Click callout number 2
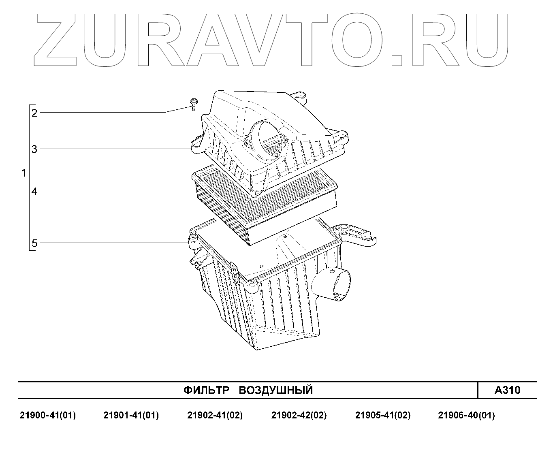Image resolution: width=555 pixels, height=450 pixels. tap(34, 113)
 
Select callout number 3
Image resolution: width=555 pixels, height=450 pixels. tap(34, 149)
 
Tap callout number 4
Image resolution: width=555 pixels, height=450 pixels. tap(34, 191)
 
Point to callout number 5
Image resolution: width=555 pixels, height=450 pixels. tap(34, 243)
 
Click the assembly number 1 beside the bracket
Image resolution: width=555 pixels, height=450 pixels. tap(23, 173)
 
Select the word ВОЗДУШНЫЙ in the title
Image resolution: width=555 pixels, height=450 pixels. tap(275, 390)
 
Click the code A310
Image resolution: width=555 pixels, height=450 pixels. tap(507, 390)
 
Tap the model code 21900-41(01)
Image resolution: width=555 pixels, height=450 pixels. tap(48, 415)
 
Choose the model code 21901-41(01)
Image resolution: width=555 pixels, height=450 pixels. tap(131, 415)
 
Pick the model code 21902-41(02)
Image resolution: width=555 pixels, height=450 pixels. tap(215, 415)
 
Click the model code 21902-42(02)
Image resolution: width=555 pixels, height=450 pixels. tap(299, 415)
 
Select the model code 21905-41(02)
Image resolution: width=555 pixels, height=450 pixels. tap(383, 415)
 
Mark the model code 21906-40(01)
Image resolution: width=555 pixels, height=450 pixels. tap(467, 415)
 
